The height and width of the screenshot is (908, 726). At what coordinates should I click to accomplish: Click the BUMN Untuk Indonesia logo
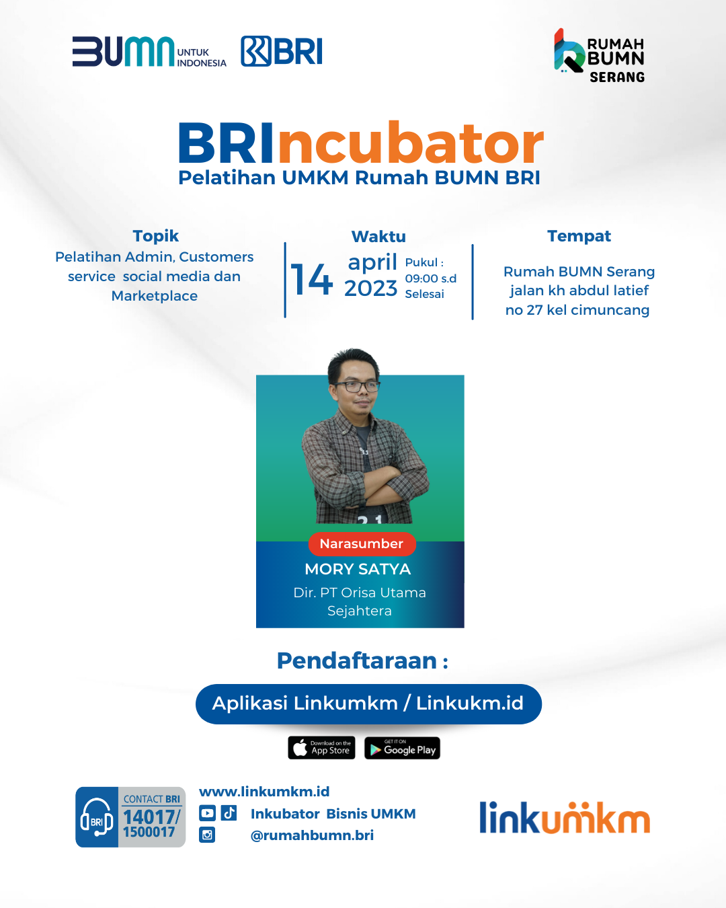[x=149, y=52]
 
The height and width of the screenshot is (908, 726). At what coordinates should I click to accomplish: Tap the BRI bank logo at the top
[x=282, y=51]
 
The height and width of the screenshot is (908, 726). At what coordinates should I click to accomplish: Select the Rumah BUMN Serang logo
[x=600, y=55]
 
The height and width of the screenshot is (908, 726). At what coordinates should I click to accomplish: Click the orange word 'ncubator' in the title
[x=411, y=143]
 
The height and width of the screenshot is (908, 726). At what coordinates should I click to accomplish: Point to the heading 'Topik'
[x=156, y=236]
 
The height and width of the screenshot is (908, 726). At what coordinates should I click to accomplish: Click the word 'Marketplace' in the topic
[x=155, y=296]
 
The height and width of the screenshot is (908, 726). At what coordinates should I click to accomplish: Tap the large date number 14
[x=312, y=279]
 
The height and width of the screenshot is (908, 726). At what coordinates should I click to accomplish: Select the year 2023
[x=371, y=289]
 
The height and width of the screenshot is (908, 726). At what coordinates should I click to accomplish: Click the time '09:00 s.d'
[x=431, y=278]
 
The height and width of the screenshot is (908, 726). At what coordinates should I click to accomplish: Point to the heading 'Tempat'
[x=579, y=236]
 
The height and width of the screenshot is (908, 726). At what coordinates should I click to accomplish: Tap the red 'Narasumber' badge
[x=362, y=544]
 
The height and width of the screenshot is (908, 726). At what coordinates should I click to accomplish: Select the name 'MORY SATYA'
[x=358, y=569]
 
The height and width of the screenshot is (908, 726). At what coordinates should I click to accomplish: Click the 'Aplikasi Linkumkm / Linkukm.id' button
[x=368, y=704]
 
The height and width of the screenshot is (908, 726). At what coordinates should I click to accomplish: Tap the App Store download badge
[x=321, y=748]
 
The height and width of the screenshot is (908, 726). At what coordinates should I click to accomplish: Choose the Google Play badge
[x=402, y=748]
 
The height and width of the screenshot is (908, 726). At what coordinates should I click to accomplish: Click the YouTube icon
[x=207, y=813]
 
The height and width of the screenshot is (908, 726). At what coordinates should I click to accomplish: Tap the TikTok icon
[x=229, y=812]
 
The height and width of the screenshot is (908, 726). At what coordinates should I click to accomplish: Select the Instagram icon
[x=207, y=835]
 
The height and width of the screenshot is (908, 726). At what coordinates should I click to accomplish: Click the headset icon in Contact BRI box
[x=97, y=818]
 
